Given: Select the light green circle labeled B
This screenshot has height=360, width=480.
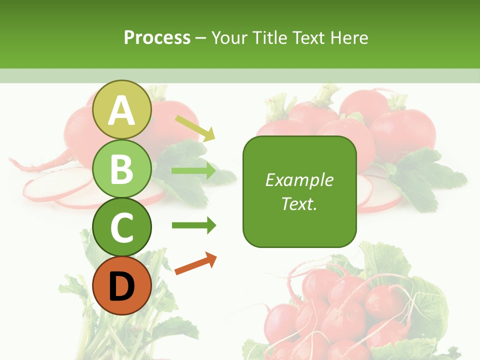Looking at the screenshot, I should (x=121, y=168).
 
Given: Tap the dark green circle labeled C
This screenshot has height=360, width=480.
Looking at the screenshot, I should (x=121, y=227).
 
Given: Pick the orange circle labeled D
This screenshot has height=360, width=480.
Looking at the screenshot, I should (x=121, y=286).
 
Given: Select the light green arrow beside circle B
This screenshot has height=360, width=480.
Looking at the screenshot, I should (x=193, y=171).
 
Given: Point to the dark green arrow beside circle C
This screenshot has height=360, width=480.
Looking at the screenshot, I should (x=193, y=225).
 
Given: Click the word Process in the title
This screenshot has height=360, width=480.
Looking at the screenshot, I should (x=157, y=38).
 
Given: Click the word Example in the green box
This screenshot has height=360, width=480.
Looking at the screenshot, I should (x=299, y=180).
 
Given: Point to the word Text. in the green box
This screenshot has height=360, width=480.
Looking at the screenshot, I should (x=299, y=203).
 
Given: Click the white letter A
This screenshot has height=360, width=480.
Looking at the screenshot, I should (x=121, y=110).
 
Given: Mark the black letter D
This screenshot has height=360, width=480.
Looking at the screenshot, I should (x=121, y=287).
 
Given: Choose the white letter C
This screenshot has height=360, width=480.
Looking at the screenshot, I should (x=121, y=228).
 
